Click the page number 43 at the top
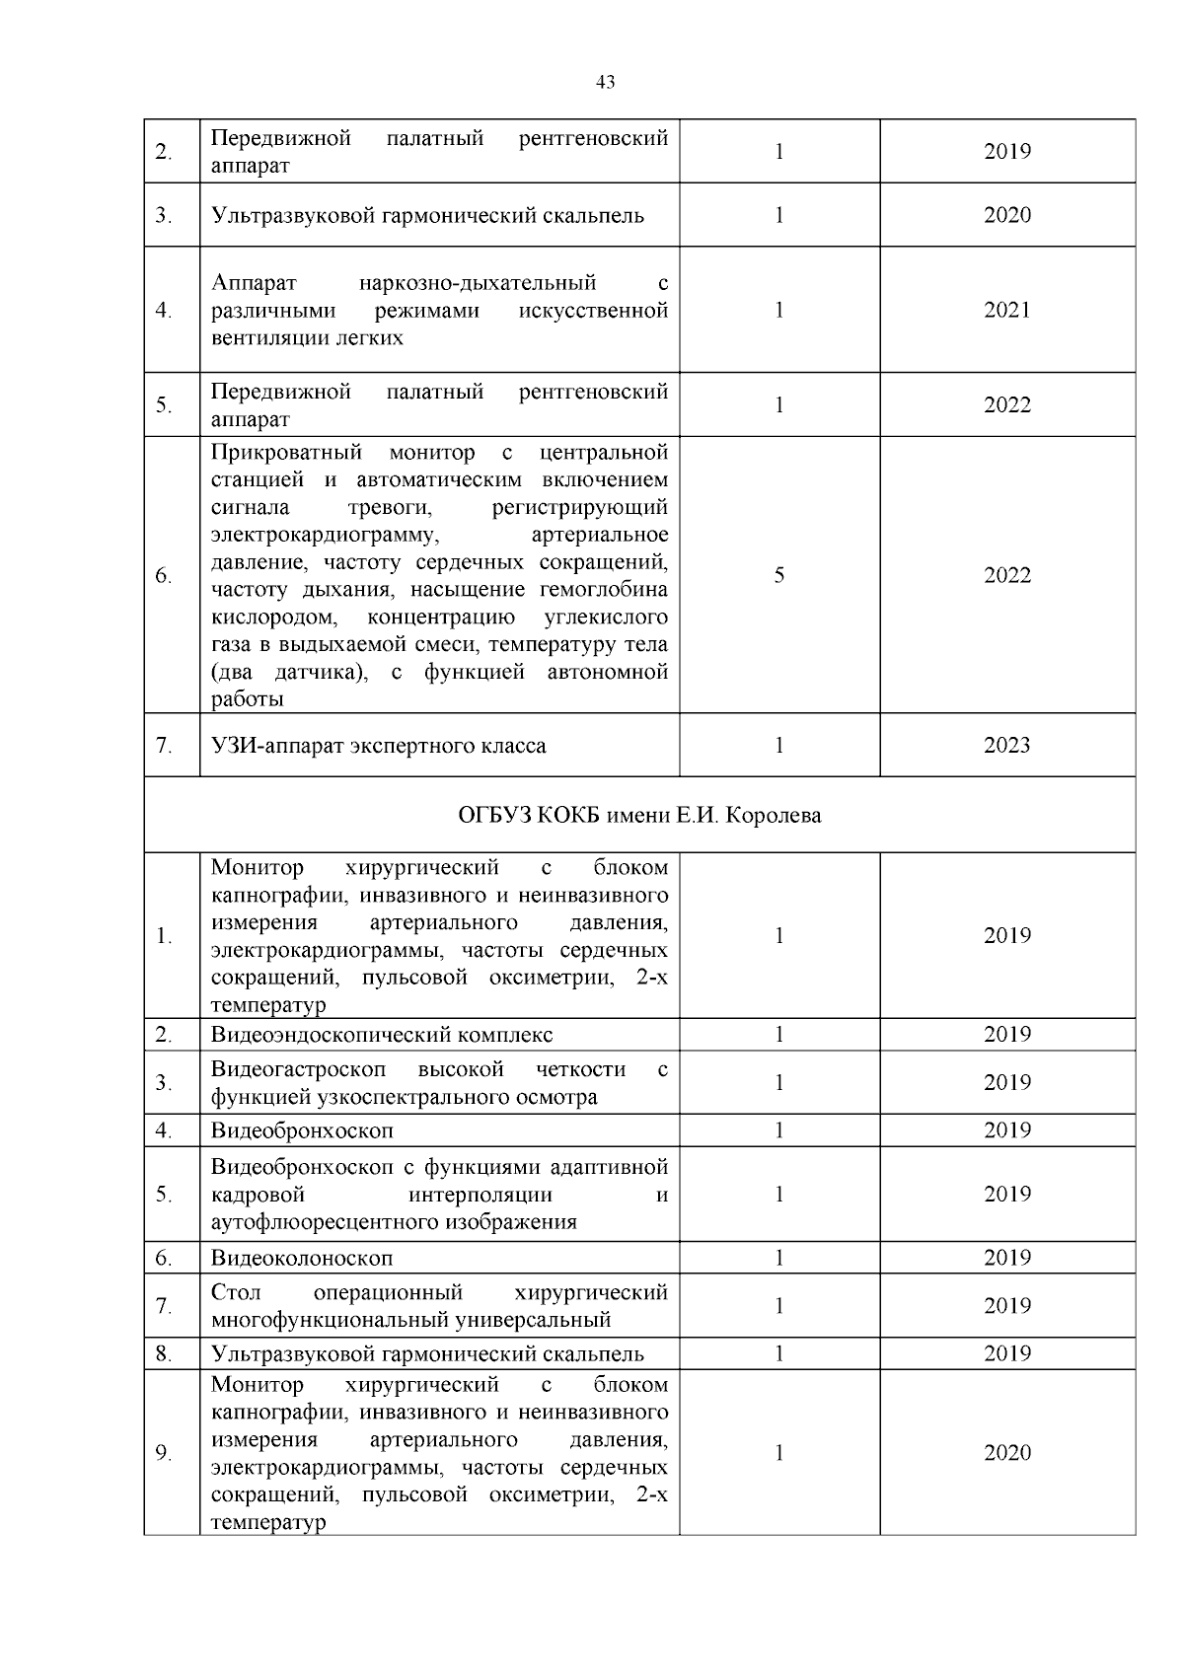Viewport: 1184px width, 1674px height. pyautogui.click(x=606, y=83)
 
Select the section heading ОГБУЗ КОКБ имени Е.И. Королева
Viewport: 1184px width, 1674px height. pyautogui.click(x=639, y=816)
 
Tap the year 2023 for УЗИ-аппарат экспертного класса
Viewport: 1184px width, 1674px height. pyautogui.click(x=1006, y=746)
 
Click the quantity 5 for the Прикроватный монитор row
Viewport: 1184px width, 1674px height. pyautogui.click(x=778, y=575)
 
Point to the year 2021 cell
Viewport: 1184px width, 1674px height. pyautogui.click(x=1006, y=310)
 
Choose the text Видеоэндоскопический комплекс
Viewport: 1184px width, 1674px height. pyautogui.click(x=382, y=1035)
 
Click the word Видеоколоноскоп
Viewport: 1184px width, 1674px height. pyautogui.click(x=302, y=1258)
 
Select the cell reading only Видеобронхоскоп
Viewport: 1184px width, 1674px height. pyautogui.click(x=302, y=1130)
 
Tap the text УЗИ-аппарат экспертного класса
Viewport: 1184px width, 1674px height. pyautogui.click(x=378, y=746)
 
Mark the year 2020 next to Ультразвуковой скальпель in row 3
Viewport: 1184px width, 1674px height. pyautogui.click(x=1006, y=215)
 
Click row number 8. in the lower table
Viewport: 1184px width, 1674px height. pyautogui.click(x=164, y=1353)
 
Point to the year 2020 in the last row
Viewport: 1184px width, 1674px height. pyautogui.click(x=1006, y=1452)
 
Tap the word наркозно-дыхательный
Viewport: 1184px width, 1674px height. pyautogui.click(x=478, y=283)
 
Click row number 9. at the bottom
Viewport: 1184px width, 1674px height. pyautogui.click(x=164, y=1452)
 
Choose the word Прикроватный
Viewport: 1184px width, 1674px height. pyautogui.click(x=286, y=453)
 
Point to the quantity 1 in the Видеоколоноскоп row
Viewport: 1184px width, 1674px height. pyautogui.click(x=778, y=1258)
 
